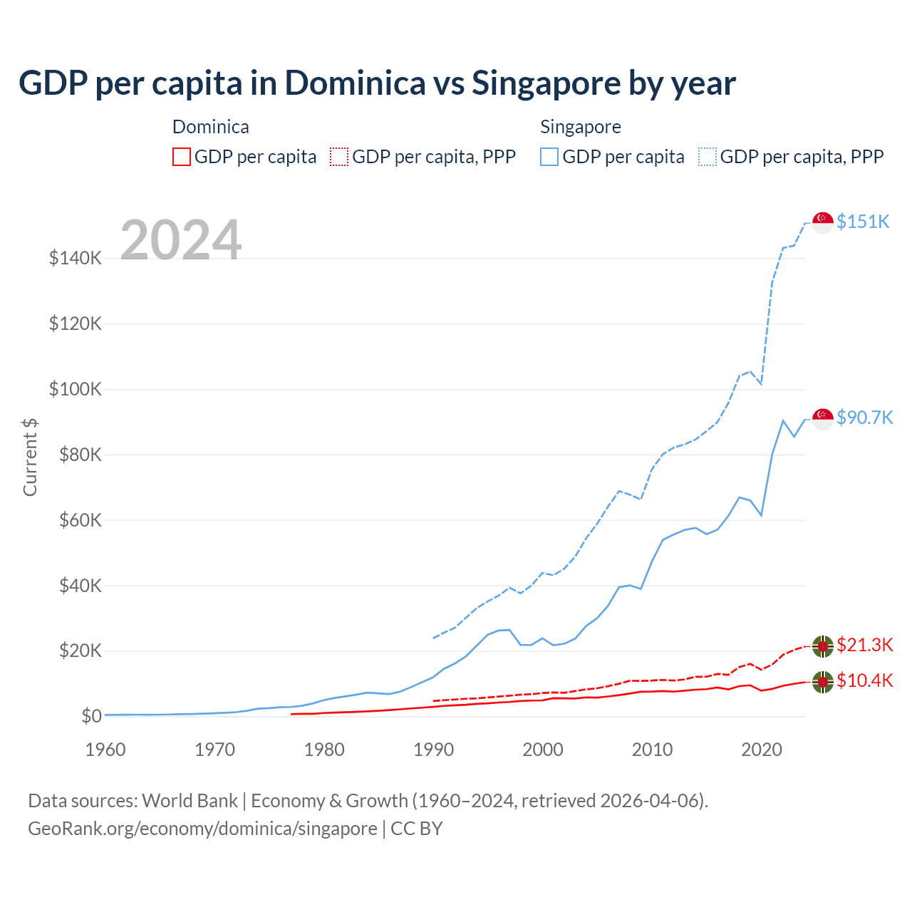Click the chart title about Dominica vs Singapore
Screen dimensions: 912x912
click(x=377, y=83)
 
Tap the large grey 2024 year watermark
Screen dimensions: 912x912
click(x=181, y=240)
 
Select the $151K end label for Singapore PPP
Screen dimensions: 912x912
click(x=863, y=222)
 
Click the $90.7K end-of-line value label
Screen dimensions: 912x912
click(x=864, y=418)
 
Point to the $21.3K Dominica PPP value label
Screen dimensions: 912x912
click(x=864, y=645)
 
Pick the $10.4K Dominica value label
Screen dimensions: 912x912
click(x=864, y=680)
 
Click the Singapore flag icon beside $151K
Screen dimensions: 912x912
click(x=823, y=222)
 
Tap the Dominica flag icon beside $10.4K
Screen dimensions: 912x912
click(x=823, y=682)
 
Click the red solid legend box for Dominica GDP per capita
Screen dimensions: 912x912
click(x=182, y=157)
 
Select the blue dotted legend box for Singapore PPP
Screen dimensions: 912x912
click(x=708, y=157)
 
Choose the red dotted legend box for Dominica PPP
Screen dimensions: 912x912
click(x=339, y=157)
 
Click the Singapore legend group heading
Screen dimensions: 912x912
click(x=580, y=127)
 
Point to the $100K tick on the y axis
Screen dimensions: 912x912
click(x=76, y=389)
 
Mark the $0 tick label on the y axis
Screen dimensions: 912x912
click(x=91, y=716)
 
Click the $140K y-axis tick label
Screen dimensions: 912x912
click(x=76, y=258)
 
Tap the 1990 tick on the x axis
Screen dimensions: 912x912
click(x=433, y=750)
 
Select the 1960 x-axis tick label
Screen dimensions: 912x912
click(x=105, y=750)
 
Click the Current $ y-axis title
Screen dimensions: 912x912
click(x=30, y=457)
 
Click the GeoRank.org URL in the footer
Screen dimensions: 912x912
click(x=202, y=829)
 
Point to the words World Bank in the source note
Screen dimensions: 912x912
click(x=190, y=801)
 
